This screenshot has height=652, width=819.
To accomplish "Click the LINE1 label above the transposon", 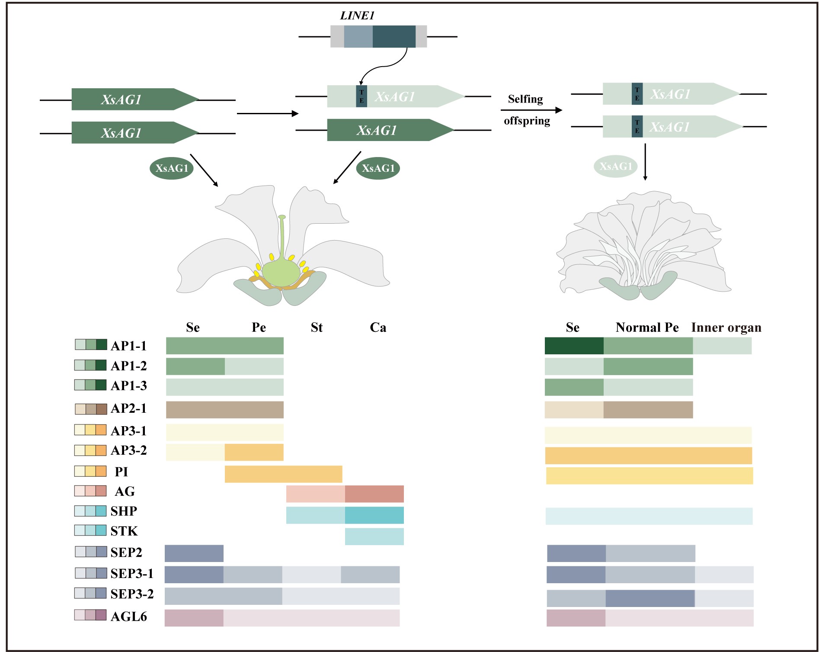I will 357,16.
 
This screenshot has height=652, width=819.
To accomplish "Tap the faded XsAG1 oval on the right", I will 615,166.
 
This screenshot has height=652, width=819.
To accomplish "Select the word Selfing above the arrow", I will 525,99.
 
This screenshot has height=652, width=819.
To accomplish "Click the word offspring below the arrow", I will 527,121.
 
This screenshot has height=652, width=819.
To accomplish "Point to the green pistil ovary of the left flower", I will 281,273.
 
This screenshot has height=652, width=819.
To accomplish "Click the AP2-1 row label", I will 128,408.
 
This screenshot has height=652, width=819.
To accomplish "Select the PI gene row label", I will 121,472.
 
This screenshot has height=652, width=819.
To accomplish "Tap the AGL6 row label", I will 128,617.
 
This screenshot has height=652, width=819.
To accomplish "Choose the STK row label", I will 124,531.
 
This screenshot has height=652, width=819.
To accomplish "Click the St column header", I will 317,328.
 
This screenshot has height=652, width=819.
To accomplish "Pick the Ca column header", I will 378,328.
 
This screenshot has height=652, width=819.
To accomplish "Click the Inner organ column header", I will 726,328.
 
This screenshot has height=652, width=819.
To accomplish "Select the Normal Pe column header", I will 647,328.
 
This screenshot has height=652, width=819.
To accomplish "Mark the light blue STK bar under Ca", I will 374,536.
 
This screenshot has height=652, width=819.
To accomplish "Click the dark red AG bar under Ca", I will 374,494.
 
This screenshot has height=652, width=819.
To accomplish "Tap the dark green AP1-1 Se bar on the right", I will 574,346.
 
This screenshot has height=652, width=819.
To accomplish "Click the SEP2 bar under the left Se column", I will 194,553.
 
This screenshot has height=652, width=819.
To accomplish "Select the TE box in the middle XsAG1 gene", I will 362,96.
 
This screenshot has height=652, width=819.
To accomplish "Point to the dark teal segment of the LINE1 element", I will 394,36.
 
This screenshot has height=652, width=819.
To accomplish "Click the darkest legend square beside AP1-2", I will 101,365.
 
